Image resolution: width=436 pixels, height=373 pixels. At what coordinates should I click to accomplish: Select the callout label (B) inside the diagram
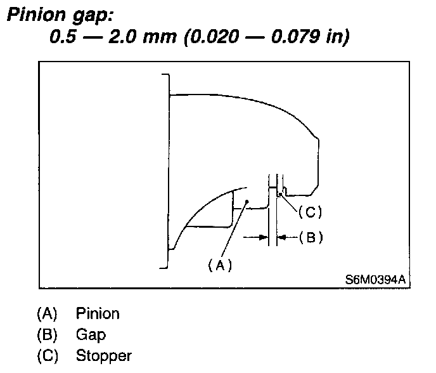coord(311,238)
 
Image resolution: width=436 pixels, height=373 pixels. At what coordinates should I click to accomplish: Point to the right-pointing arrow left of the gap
coord(257,237)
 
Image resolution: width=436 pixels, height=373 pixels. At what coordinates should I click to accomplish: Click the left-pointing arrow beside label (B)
coord(288,237)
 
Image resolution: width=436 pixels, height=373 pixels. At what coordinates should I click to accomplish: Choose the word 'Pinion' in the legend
coord(98,313)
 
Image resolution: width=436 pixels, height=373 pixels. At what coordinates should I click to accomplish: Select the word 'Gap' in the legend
coord(91,334)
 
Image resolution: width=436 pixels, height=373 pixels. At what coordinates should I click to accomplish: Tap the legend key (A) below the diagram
coord(47,313)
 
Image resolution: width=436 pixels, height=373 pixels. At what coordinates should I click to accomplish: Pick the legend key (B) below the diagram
coord(47,334)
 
